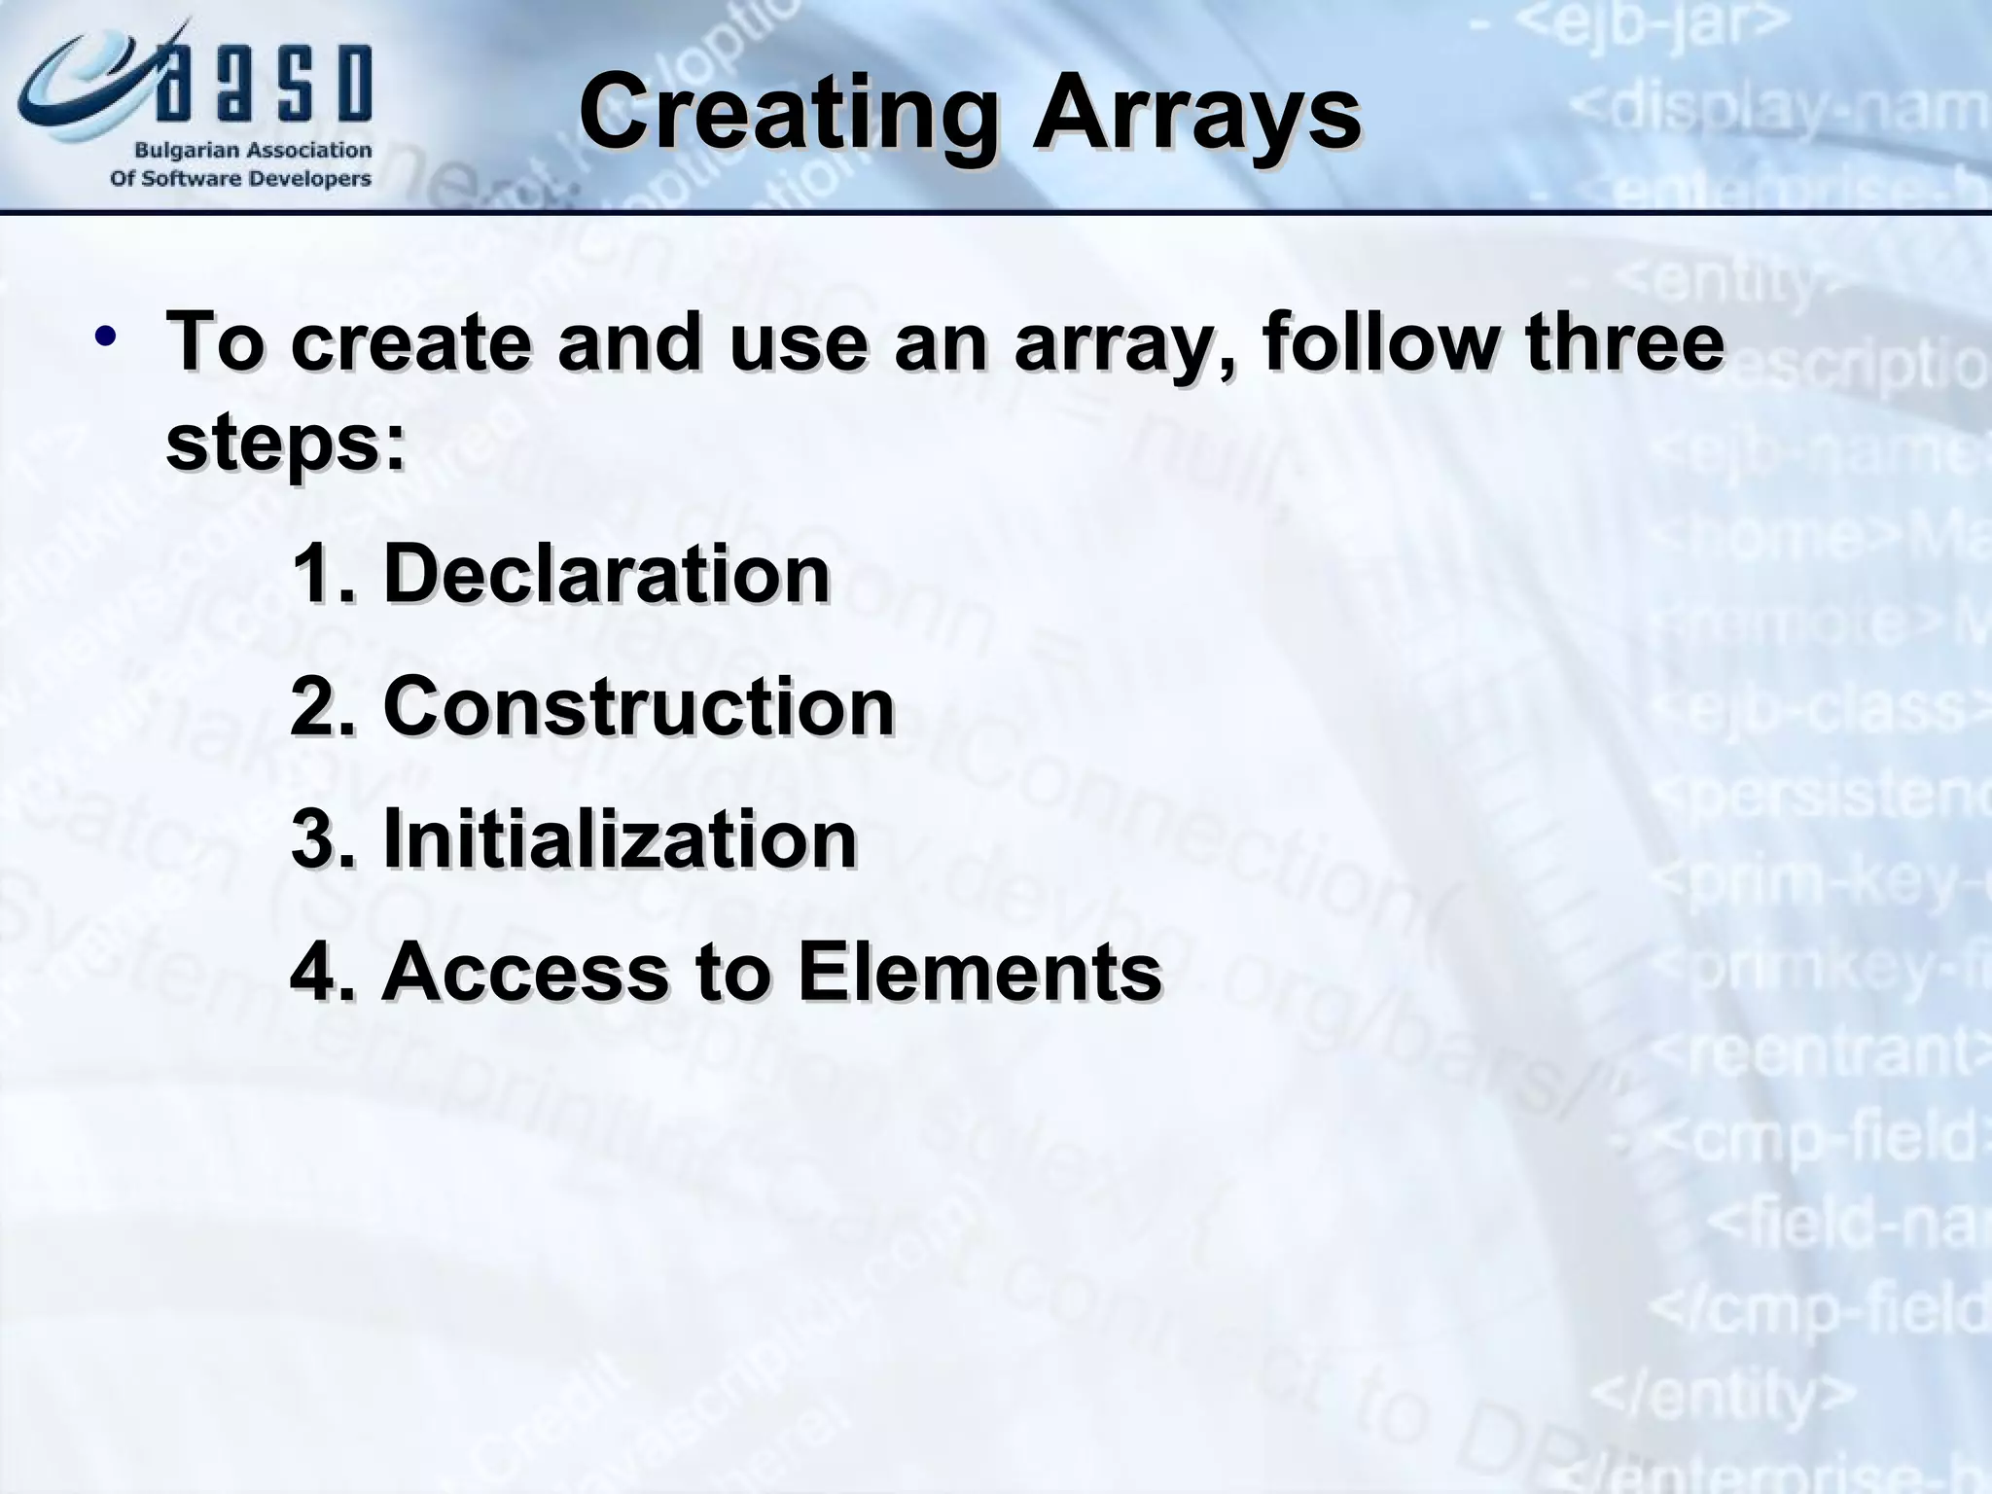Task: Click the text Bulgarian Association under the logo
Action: pyautogui.click(x=252, y=151)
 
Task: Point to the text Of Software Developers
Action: pyautogui.click(x=240, y=179)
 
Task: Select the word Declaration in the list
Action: pyautogui.click(x=606, y=574)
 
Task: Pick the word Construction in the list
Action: pyautogui.click(x=638, y=707)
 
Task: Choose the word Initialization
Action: pyautogui.click(x=620, y=838)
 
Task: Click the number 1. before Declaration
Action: pyautogui.click(x=321, y=574)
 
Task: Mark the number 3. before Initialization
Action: pyautogui.click(x=321, y=838)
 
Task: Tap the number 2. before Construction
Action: pyautogui.click(x=321, y=707)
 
